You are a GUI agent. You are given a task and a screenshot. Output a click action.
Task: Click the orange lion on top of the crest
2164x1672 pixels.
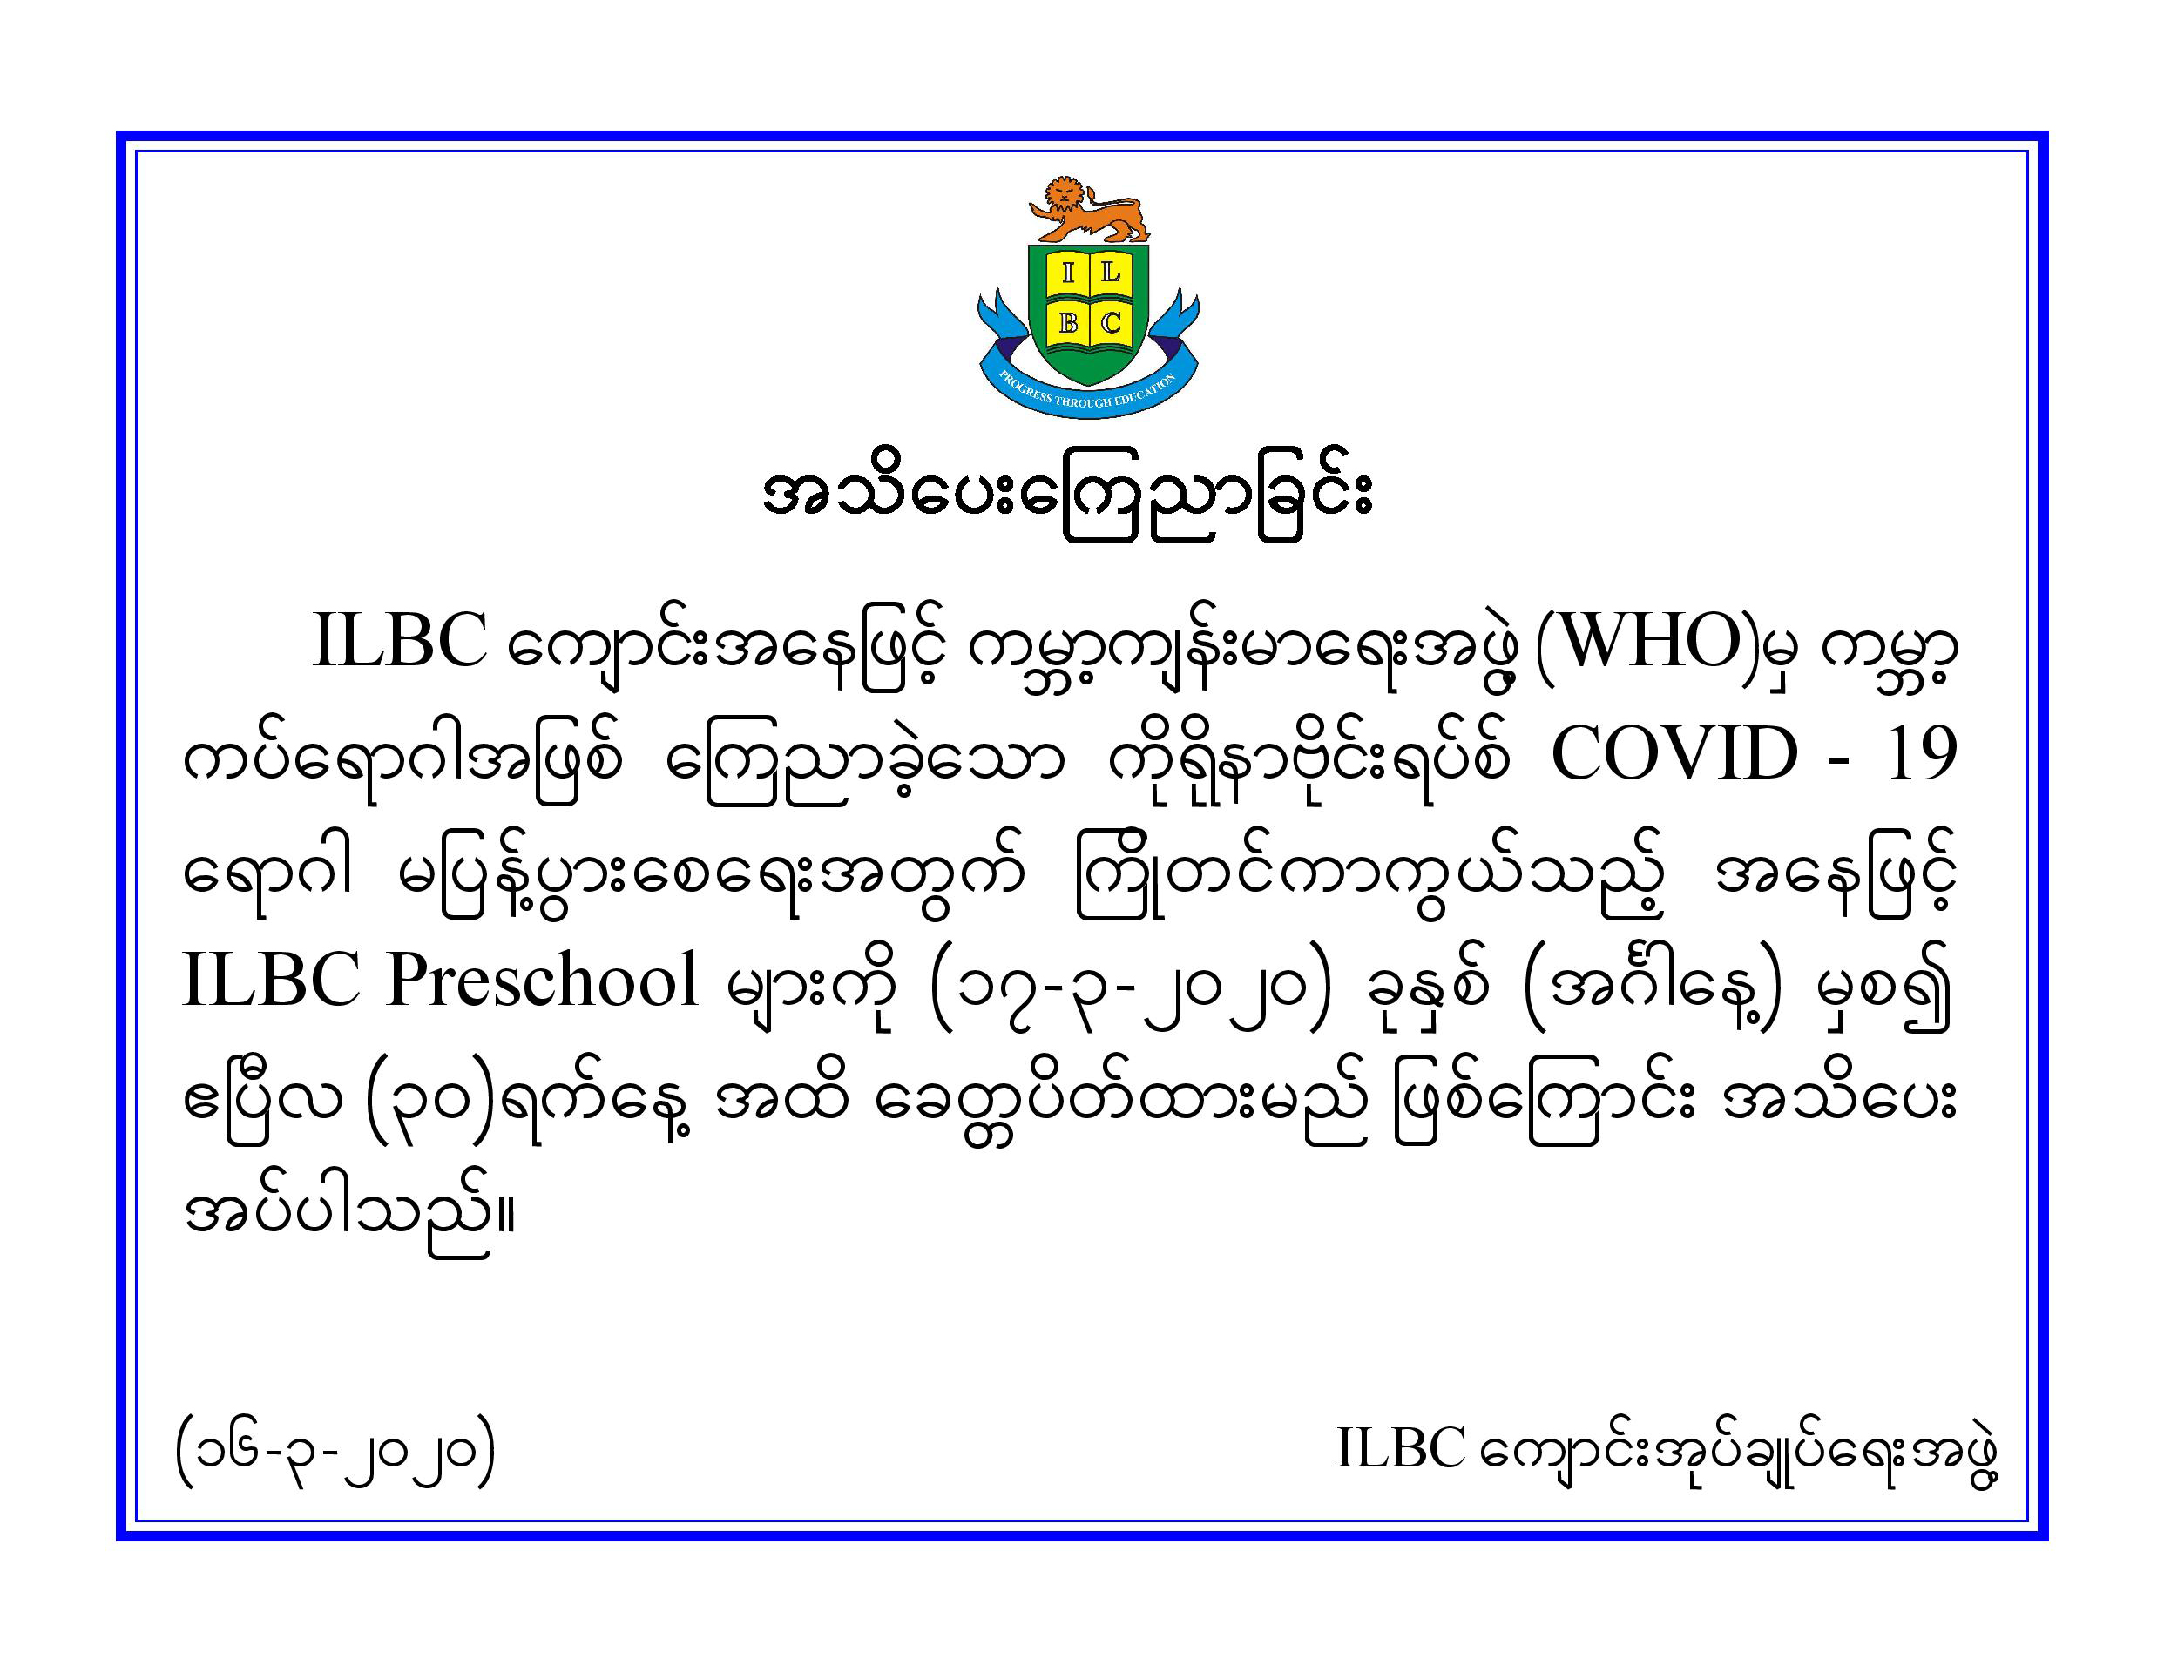point(1088,210)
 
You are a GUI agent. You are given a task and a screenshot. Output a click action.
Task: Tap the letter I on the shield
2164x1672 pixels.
point(1067,273)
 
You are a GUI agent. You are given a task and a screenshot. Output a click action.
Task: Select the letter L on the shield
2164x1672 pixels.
point(1110,273)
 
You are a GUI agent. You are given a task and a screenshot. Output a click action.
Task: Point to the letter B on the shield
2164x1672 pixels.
point(1068,323)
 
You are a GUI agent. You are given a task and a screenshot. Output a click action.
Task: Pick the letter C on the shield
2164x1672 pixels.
point(1111,323)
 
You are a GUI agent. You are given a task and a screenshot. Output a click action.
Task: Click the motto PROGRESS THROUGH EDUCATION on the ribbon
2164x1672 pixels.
point(1087,394)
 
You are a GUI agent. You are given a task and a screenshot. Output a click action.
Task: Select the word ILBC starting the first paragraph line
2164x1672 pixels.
point(399,642)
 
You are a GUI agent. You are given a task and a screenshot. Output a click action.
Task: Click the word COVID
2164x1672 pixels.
point(1674,755)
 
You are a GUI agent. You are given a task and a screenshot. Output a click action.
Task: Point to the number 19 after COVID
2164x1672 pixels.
point(1921,755)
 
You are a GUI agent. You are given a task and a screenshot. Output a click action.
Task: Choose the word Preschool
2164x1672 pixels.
point(543,980)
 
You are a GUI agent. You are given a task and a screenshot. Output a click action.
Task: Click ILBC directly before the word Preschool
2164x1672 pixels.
point(270,980)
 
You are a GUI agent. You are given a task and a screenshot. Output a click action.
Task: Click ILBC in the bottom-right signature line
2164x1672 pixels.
point(1400,1448)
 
